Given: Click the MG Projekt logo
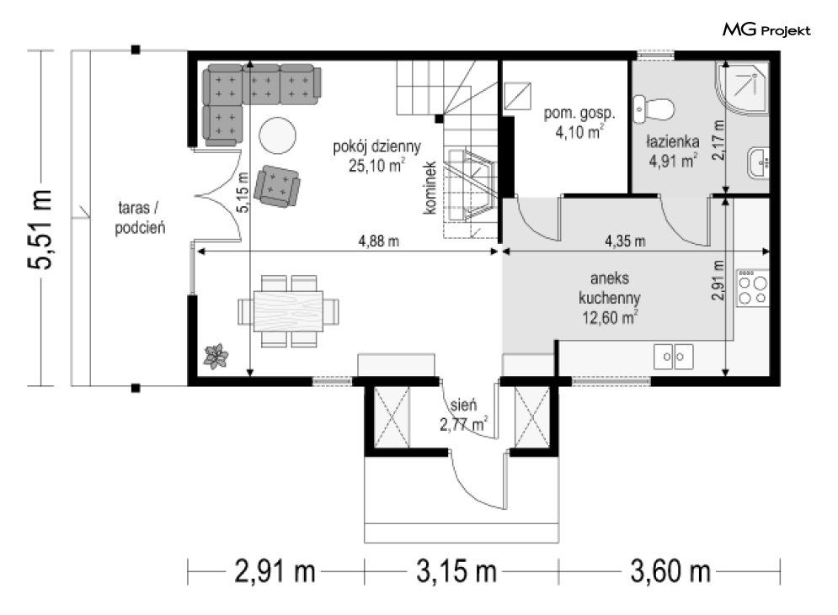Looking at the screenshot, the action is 766,30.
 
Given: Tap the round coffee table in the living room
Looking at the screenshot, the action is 277,135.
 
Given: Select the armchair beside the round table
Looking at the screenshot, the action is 277,186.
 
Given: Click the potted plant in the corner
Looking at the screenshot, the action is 216,356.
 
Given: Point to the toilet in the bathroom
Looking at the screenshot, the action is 653,109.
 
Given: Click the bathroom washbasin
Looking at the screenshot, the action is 758,162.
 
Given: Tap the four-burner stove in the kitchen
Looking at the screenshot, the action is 752,289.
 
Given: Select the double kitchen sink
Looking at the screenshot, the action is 674,357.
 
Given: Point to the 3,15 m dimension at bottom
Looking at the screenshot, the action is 456,572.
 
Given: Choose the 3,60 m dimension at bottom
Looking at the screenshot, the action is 670,572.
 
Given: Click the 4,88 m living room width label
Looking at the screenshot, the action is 378,241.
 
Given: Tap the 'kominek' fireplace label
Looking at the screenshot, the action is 430,188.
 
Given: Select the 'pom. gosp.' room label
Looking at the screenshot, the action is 579,113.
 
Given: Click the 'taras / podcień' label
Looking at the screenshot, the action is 140,218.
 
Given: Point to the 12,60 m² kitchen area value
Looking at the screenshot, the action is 610,318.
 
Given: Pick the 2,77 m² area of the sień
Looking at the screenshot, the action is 463,424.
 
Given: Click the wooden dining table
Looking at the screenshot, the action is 289,311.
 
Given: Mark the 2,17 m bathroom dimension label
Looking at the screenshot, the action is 718,140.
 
